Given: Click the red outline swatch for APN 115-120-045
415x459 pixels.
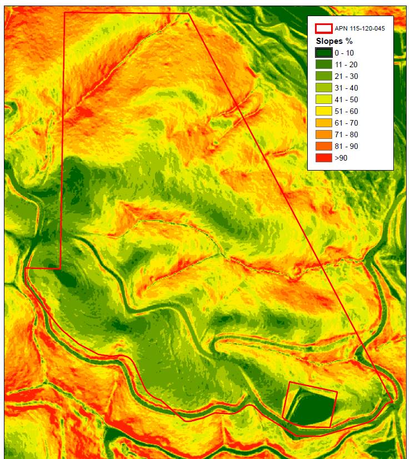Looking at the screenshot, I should coord(323,28).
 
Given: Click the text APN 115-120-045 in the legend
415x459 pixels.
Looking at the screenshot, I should coord(360,28).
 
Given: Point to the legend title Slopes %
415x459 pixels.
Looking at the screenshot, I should coord(331,41).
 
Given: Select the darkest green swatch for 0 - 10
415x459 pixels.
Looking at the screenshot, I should coord(323,53).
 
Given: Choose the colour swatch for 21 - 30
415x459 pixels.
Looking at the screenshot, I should coord(323,77).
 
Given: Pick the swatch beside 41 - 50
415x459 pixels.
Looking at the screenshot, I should coord(323,99).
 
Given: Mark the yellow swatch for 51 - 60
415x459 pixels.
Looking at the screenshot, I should coord(323,111).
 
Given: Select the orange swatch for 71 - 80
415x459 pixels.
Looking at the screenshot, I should coord(323,134).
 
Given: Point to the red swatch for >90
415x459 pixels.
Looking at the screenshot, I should coord(323,158).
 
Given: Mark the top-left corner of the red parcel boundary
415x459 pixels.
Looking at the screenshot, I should coord(65,12).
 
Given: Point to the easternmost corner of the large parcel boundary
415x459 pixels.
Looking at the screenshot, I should coord(393,401).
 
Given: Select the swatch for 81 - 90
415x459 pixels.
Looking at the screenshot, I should coord(323,146).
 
